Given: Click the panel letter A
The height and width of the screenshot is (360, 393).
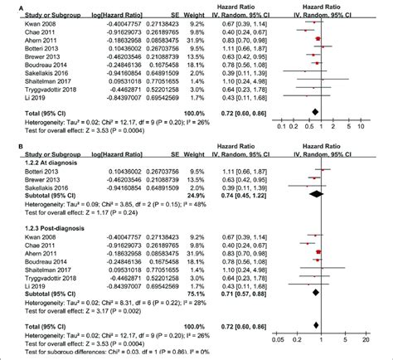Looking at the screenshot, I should pos(5,7).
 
